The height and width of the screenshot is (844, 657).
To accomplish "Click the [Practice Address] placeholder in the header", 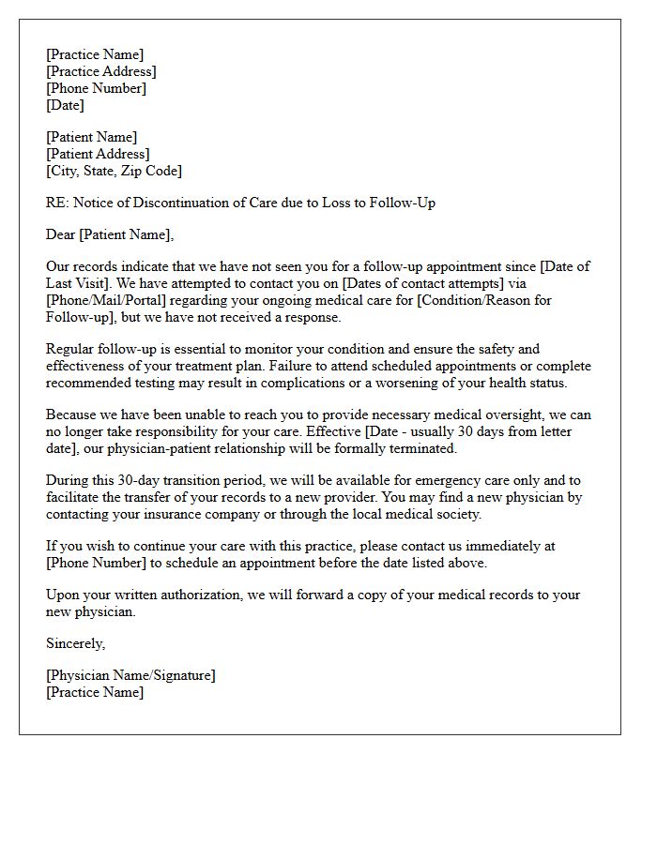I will tap(101, 71).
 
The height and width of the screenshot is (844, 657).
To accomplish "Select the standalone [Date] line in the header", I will tap(65, 105).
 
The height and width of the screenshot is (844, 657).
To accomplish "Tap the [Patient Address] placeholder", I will tap(98, 154).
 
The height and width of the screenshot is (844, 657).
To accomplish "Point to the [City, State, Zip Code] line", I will tap(114, 171).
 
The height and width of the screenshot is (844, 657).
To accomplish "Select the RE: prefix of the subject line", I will tap(56, 203).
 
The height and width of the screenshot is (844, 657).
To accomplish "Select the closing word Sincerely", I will tap(75, 643).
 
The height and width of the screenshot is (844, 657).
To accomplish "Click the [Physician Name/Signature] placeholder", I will tap(130, 675).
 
